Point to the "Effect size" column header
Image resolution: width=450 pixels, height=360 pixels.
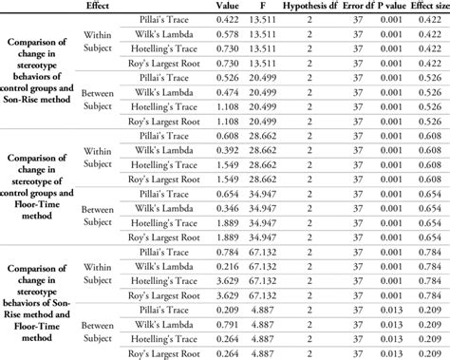(x=427, y=5)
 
